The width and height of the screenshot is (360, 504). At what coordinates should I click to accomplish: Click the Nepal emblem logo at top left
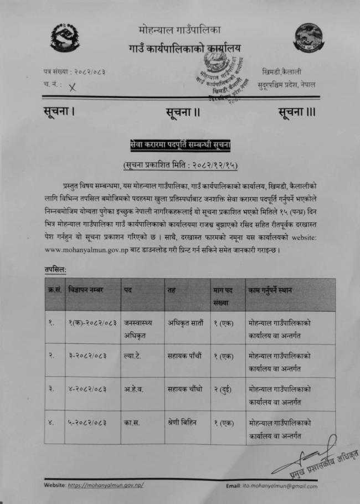pos(65,37)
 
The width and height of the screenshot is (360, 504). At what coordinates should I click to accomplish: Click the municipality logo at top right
pos(309,37)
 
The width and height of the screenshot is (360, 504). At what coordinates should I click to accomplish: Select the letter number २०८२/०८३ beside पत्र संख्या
pos(89,72)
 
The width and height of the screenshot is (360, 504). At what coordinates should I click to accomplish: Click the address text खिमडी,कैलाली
pos(282,72)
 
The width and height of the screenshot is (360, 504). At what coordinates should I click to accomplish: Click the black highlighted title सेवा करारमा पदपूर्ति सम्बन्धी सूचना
pos(180,146)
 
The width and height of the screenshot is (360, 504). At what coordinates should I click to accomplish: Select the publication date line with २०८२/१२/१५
pos(180,164)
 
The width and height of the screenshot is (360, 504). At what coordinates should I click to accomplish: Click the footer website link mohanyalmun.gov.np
pos(106,485)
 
